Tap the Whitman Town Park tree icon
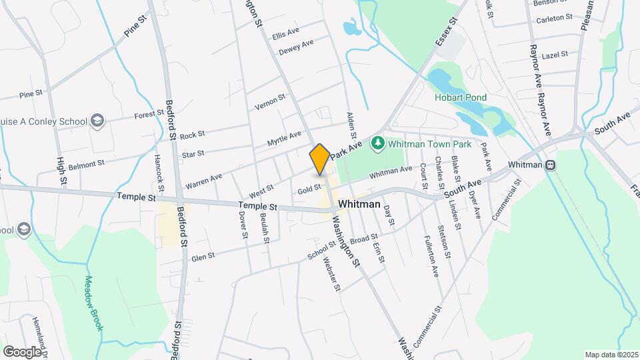(378, 143)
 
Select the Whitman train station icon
(551, 165)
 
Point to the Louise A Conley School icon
(97, 121)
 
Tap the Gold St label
(309, 190)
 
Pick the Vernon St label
(270, 103)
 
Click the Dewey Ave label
(296, 49)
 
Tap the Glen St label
(203, 255)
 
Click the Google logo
(22, 351)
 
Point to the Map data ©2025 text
(611, 355)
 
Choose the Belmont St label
(87, 163)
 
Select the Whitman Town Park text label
(429, 144)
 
